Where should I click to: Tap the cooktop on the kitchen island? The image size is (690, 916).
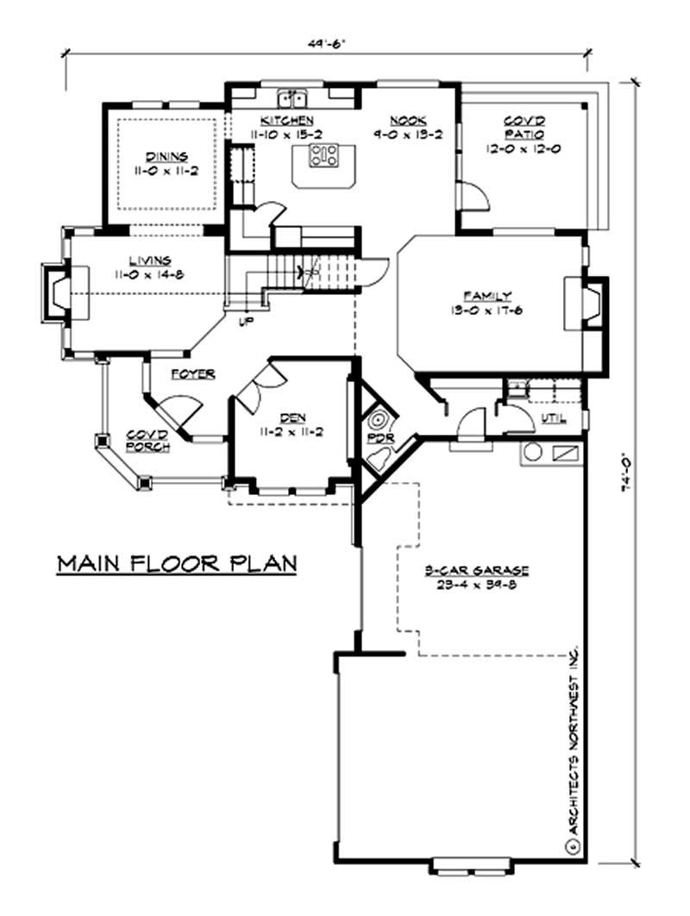325,156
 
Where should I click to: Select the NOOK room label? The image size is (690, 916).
403,121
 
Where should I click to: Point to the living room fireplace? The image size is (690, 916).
59,293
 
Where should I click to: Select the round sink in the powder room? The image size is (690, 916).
378,422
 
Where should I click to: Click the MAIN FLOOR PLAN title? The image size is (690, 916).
177,563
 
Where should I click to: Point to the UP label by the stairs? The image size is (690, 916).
246,322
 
